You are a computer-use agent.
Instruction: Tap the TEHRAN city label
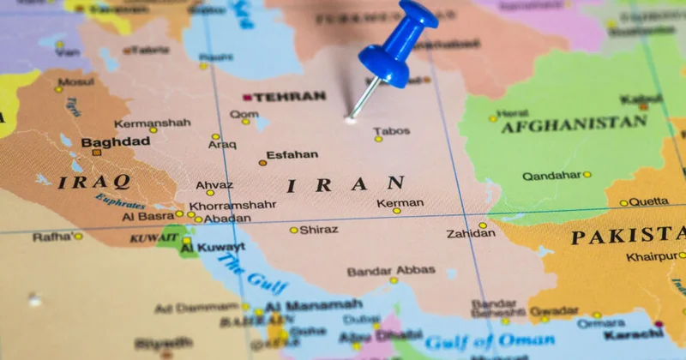pyautogui.click(x=289, y=97)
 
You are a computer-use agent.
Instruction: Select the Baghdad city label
pyautogui.click(x=116, y=141)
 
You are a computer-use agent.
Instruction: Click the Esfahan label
pyautogui.click(x=292, y=156)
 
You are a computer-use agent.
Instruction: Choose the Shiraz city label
pyautogui.click(x=319, y=230)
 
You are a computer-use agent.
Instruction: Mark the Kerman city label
pyautogui.click(x=400, y=203)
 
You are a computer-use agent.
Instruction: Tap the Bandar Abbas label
pyautogui.click(x=391, y=271)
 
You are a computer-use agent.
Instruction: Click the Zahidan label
pyautogui.click(x=471, y=233)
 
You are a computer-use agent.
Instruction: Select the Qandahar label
pyautogui.click(x=551, y=175)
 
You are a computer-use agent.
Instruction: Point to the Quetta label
pyautogui.click(x=648, y=202)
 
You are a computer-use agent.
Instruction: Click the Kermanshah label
pyautogui.click(x=152, y=123)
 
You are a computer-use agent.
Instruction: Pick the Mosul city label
pyautogui.click(x=76, y=82)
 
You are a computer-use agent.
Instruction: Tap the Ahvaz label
pyautogui.click(x=214, y=185)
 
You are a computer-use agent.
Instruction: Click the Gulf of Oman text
pyautogui.click(x=475, y=342)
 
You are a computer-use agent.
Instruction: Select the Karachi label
pyautogui.click(x=633, y=334)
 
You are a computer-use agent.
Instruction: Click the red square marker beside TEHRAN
pyautogui.click(x=247, y=98)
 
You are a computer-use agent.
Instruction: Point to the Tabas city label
pyautogui.click(x=392, y=131)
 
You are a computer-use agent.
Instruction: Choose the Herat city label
pyautogui.click(x=513, y=113)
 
